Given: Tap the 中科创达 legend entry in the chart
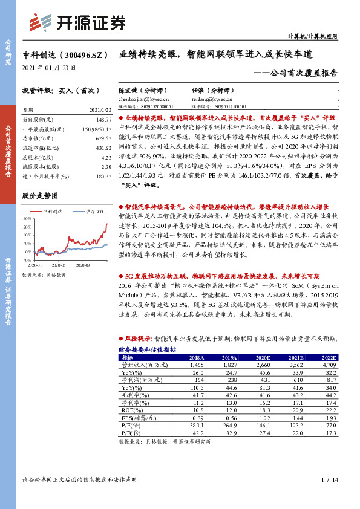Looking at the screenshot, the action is click(x=54, y=212).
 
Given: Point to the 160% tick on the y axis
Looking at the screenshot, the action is click(x=25, y=218).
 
